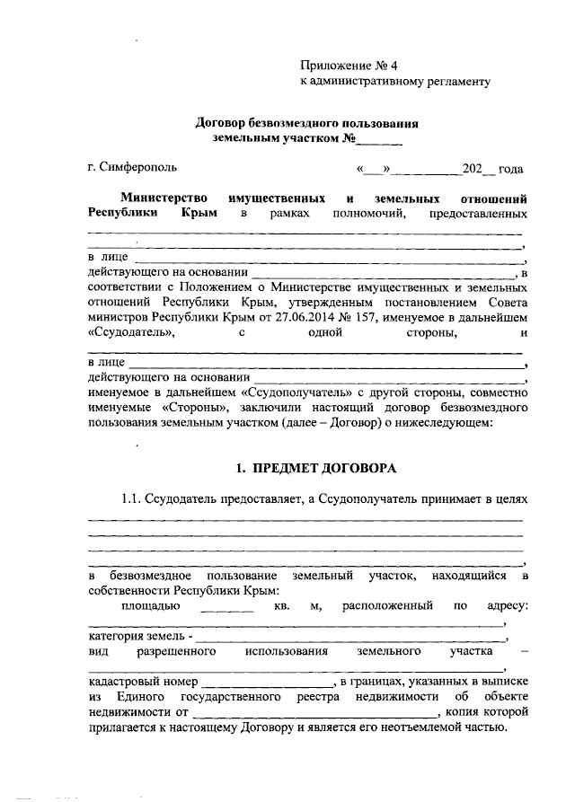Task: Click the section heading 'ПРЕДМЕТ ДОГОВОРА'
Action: [x=321, y=469]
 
